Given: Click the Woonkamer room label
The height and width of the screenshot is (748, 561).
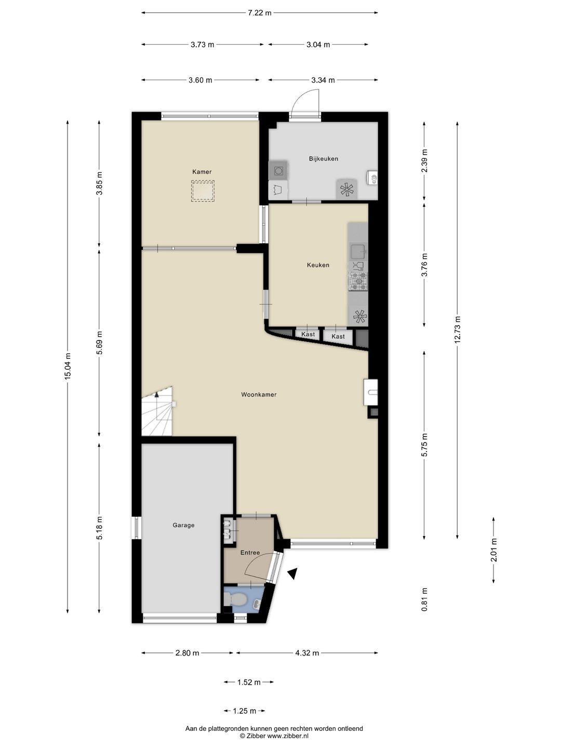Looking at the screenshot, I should coord(259,395).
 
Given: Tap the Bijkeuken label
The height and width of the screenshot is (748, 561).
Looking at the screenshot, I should coord(323,159).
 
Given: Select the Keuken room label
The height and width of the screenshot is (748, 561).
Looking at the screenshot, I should coord(318,265).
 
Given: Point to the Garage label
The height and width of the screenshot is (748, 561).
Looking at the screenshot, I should coord(183,525).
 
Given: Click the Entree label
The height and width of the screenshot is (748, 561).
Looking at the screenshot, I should coord(250,553).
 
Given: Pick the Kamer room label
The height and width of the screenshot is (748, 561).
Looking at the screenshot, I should coord(202,172).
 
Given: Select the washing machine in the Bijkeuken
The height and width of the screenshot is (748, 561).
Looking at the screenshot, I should coord(278,170).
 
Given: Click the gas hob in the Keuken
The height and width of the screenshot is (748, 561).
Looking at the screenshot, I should coord(357,281).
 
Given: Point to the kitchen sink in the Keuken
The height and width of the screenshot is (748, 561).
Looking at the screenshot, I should coord(358,251).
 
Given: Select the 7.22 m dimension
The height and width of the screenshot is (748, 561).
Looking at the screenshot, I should coord(259,13).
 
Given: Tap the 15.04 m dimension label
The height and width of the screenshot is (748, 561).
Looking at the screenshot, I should coord(68,366).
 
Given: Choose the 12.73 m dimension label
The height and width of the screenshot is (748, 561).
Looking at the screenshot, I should coord(457,330).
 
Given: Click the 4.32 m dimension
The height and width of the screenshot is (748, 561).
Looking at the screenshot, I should coord(307,653).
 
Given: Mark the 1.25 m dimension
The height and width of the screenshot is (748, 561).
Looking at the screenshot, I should coord(245,711).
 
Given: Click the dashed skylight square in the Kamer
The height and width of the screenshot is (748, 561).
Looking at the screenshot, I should coord(203,191).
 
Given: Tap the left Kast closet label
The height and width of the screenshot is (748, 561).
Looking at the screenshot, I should coord(308,335).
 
